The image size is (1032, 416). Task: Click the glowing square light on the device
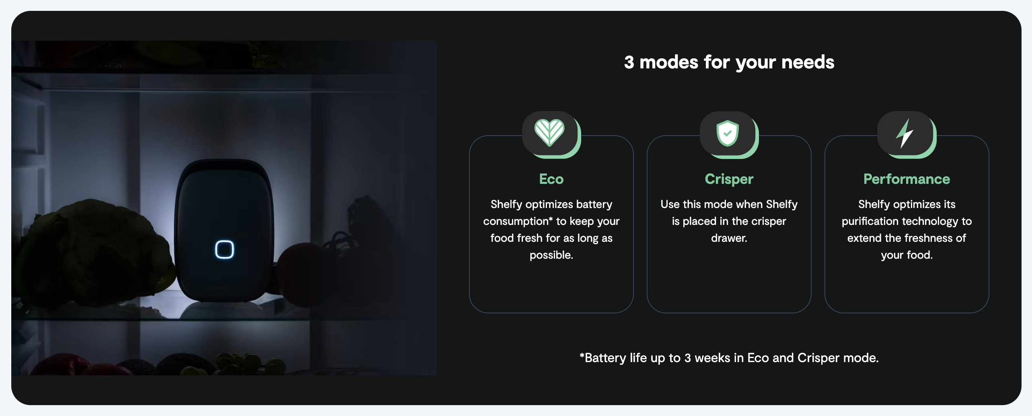click(x=224, y=249)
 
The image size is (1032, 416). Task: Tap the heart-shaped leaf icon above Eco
click(x=549, y=132)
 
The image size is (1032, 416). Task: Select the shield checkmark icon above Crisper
click(x=728, y=133)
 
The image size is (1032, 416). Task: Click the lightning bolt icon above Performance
click(x=905, y=133)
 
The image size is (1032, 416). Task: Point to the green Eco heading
click(x=551, y=179)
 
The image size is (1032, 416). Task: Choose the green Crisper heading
click(x=729, y=179)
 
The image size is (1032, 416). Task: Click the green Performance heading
click(x=907, y=179)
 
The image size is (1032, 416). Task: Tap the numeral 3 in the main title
click(x=629, y=62)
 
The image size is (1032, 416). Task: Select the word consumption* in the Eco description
click(x=518, y=221)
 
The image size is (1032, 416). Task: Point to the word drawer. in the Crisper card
click(x=729, y=238)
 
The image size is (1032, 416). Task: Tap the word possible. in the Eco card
click(x=551, y=255)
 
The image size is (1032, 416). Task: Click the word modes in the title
click(x=669, y=62)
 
